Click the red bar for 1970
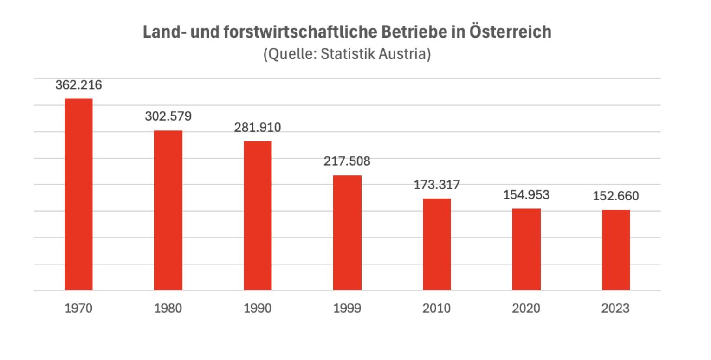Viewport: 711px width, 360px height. point(78,194)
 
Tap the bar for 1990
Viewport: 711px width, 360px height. point(258,216)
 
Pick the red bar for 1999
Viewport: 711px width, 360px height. point(347,233)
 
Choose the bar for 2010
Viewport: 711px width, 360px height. point(437,244)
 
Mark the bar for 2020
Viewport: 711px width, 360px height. point(526,250)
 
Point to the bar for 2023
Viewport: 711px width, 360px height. point(616,250)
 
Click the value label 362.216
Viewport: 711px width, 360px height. point(78,85)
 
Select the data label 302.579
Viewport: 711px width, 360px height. point(168,116)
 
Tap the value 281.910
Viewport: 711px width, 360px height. point(258,128)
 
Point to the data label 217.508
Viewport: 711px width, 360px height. point(347,161)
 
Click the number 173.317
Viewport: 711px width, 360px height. point(437,185)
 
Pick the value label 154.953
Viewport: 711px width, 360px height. point(526,195)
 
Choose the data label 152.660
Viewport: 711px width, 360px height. point(616,196)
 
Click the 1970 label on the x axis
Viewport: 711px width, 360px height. point(78,308)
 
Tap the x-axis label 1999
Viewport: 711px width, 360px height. point(347,308)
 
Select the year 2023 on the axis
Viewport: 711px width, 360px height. point(616,308)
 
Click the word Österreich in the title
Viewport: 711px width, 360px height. point(510,32)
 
